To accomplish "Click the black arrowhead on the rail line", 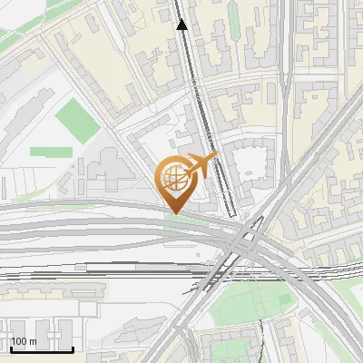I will point(182,25).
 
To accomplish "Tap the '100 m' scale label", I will point(25,341).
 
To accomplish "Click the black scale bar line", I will point(40,348).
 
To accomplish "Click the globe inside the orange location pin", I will point(172,178).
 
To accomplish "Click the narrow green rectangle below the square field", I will point(51,152).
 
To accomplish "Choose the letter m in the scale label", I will point(33,341).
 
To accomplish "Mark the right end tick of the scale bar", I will point(72,348).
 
